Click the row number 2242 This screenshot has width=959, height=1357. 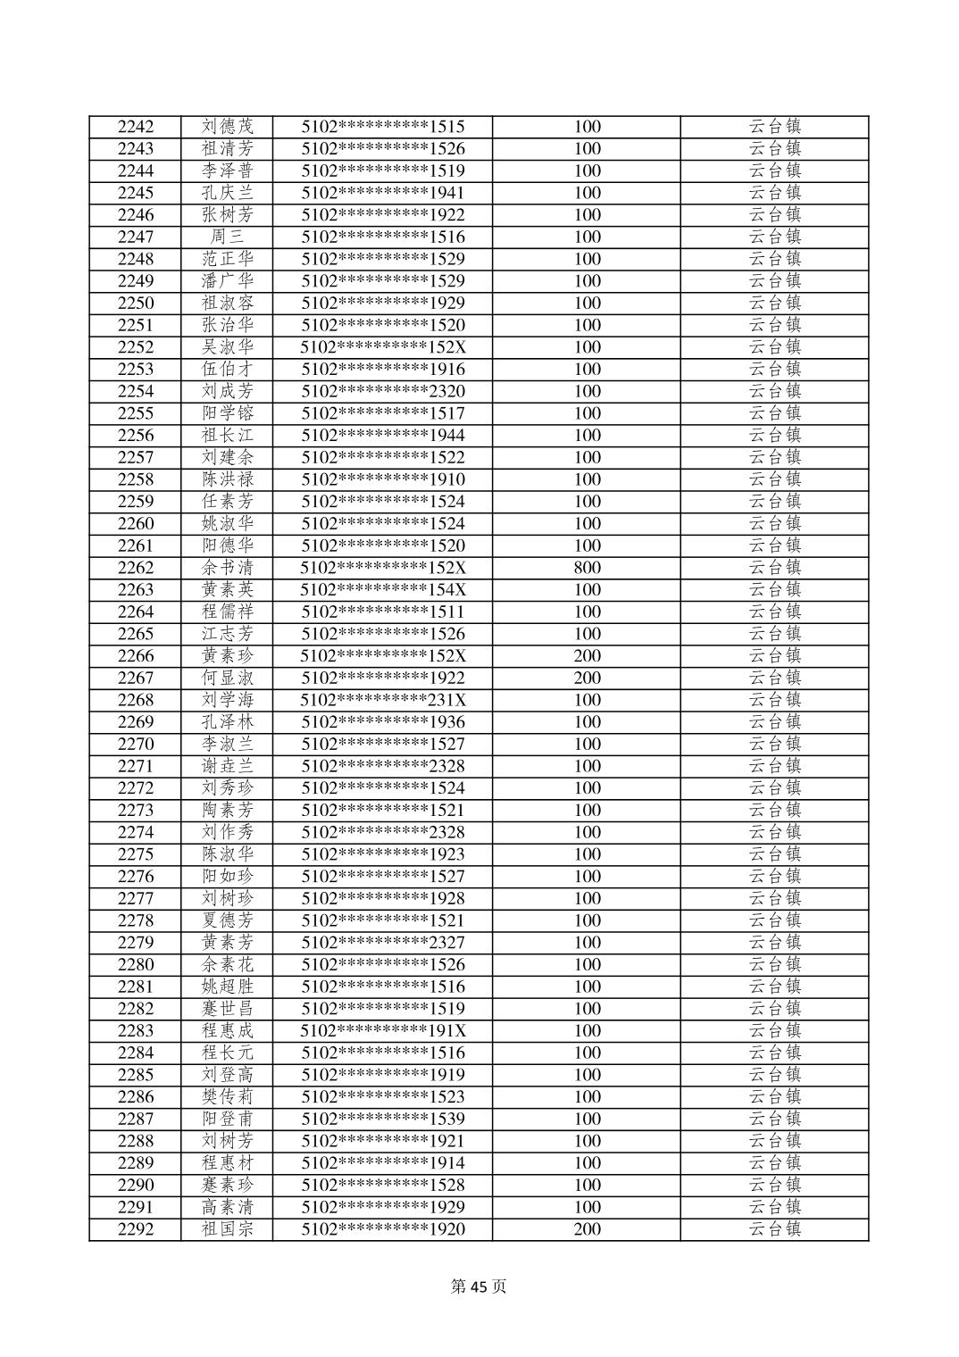click(x=135, y=127)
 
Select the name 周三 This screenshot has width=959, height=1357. click(x=227, y=237)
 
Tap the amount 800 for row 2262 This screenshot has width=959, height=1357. click(x=587, y=568)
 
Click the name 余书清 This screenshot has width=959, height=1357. click(x=227, y=568)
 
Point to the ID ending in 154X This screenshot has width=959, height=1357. click(x=383, y=590)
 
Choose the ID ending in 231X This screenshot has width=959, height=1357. click(x=383, y=700)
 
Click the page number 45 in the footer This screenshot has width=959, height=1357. click(x=479, y=1286)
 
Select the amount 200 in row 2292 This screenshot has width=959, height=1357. click(x=587, y=1229)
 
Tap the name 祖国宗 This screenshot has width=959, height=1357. click(x=227, y=1229)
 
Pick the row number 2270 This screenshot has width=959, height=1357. click(x=135, y=745)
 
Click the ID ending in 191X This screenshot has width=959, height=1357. click(x=383, y=1031)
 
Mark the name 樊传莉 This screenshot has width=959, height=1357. click(x=227, y=1097)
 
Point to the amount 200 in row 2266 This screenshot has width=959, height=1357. click(x=587, y=656)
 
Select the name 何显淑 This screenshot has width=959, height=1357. click(x=227, y=678)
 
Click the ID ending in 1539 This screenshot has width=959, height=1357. click(x=383, y=1120)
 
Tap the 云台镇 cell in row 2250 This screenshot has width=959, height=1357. click(x=774, y=304)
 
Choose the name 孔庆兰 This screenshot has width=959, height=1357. click(x=227, y=193)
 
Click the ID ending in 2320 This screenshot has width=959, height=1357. click(x=383, y=391)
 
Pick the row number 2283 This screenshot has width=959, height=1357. click(x=135, y=1031)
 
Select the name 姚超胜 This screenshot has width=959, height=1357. click(x=227, y=987)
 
